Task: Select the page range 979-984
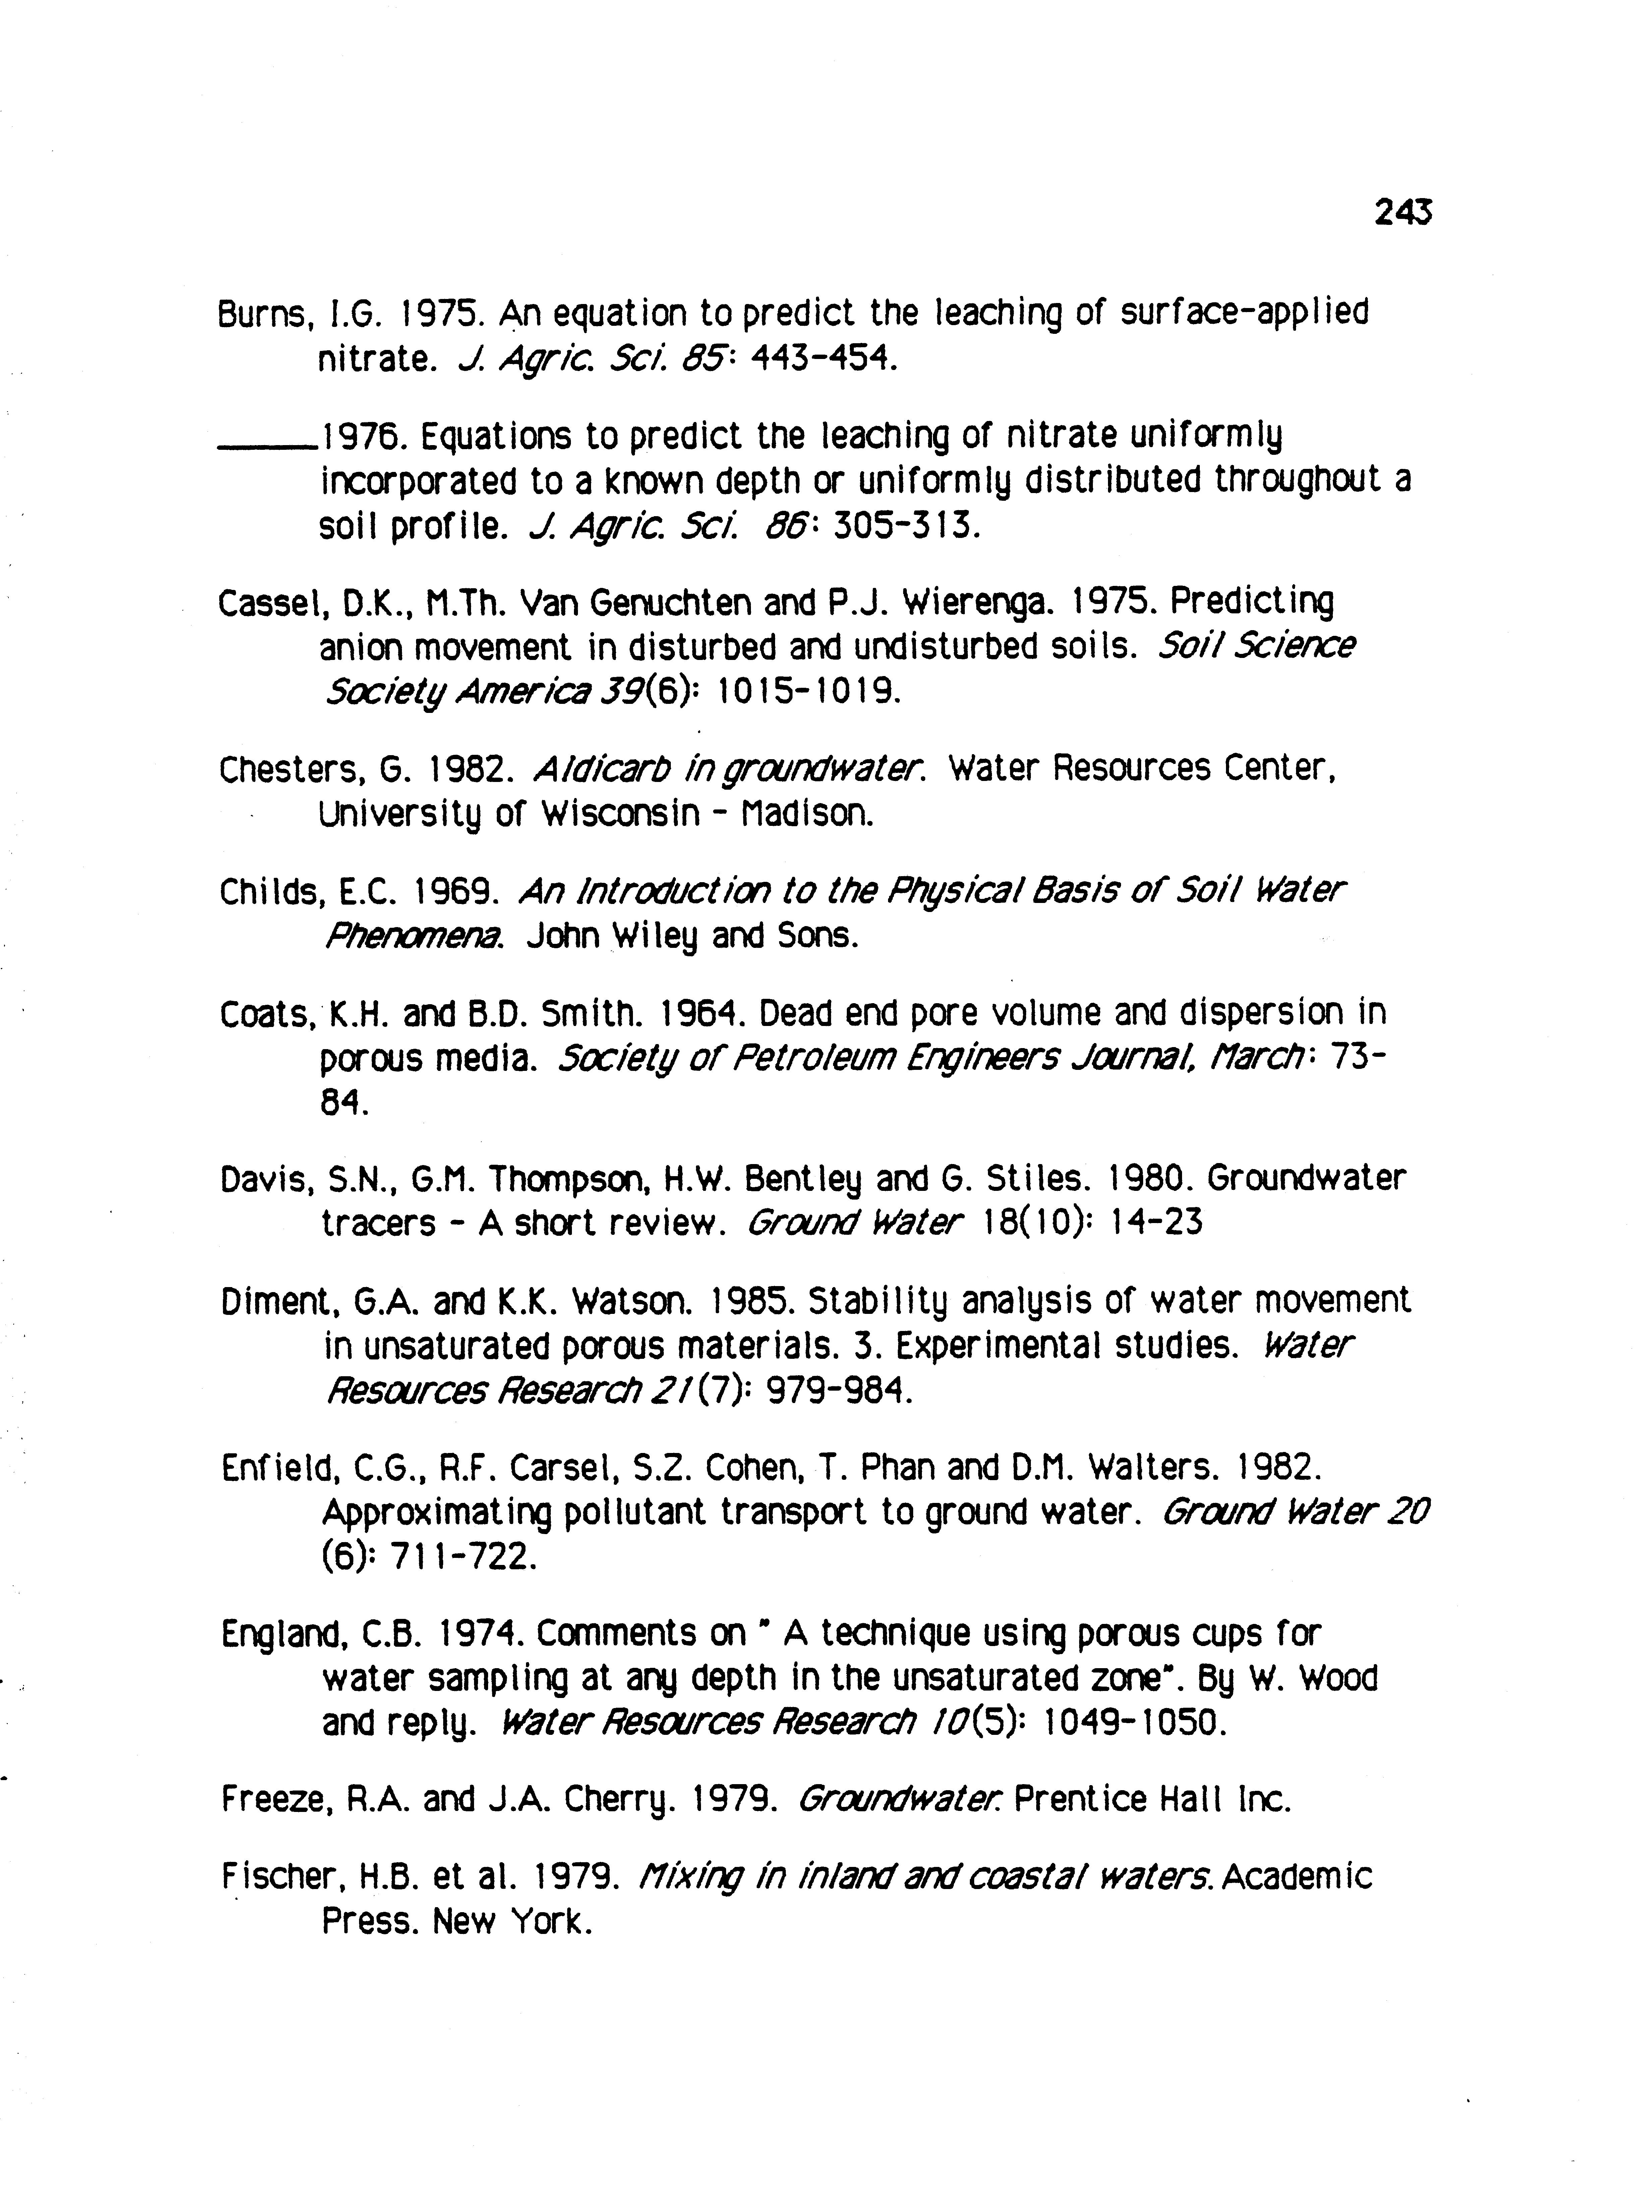[831, 1392]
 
